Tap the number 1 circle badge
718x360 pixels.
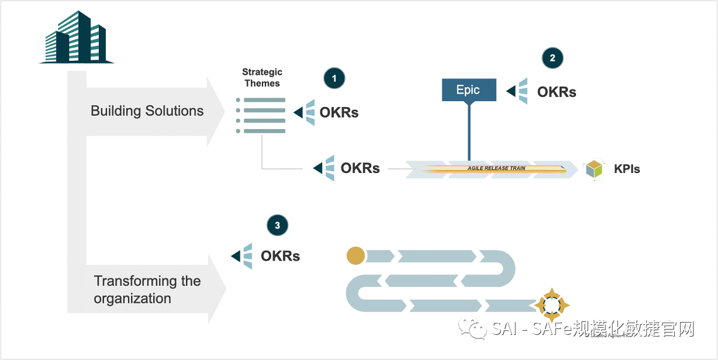(334, 78)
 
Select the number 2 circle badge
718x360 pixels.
(553, 57)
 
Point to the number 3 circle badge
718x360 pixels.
(277, 226)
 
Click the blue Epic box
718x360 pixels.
(468, 90)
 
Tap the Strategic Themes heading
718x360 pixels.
(262, 78)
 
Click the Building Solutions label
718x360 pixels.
(147, 111)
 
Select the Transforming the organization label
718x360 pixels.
(147, 289)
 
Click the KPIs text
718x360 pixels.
(627, 169)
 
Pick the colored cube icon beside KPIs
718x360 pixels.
(593, 169)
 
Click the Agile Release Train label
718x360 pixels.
(496, 168)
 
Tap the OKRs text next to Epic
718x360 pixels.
(557, 92)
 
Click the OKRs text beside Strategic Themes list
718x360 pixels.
(339, 113)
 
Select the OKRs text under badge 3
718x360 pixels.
(280, 256)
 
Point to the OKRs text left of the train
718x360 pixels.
(360, 168)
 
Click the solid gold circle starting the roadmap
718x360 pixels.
(355, 255)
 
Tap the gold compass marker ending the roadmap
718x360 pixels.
(550, 304)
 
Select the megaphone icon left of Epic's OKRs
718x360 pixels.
(518, 91)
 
